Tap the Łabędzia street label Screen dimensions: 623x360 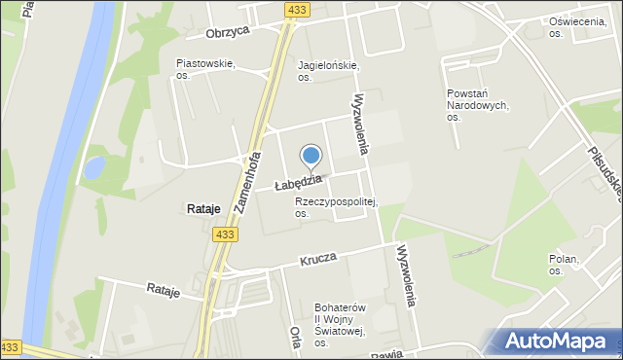point(298,182)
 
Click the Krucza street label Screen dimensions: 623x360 point(317,259)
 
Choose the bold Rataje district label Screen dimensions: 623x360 point(202,209)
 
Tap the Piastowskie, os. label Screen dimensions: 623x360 point(204,68)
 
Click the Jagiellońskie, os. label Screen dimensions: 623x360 point(328,71)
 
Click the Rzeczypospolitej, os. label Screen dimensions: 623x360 point(336,207)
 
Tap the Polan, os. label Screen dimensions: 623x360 point(563,265)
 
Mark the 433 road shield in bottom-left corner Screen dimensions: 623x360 point(11,347)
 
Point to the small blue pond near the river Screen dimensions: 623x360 point(94,168)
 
